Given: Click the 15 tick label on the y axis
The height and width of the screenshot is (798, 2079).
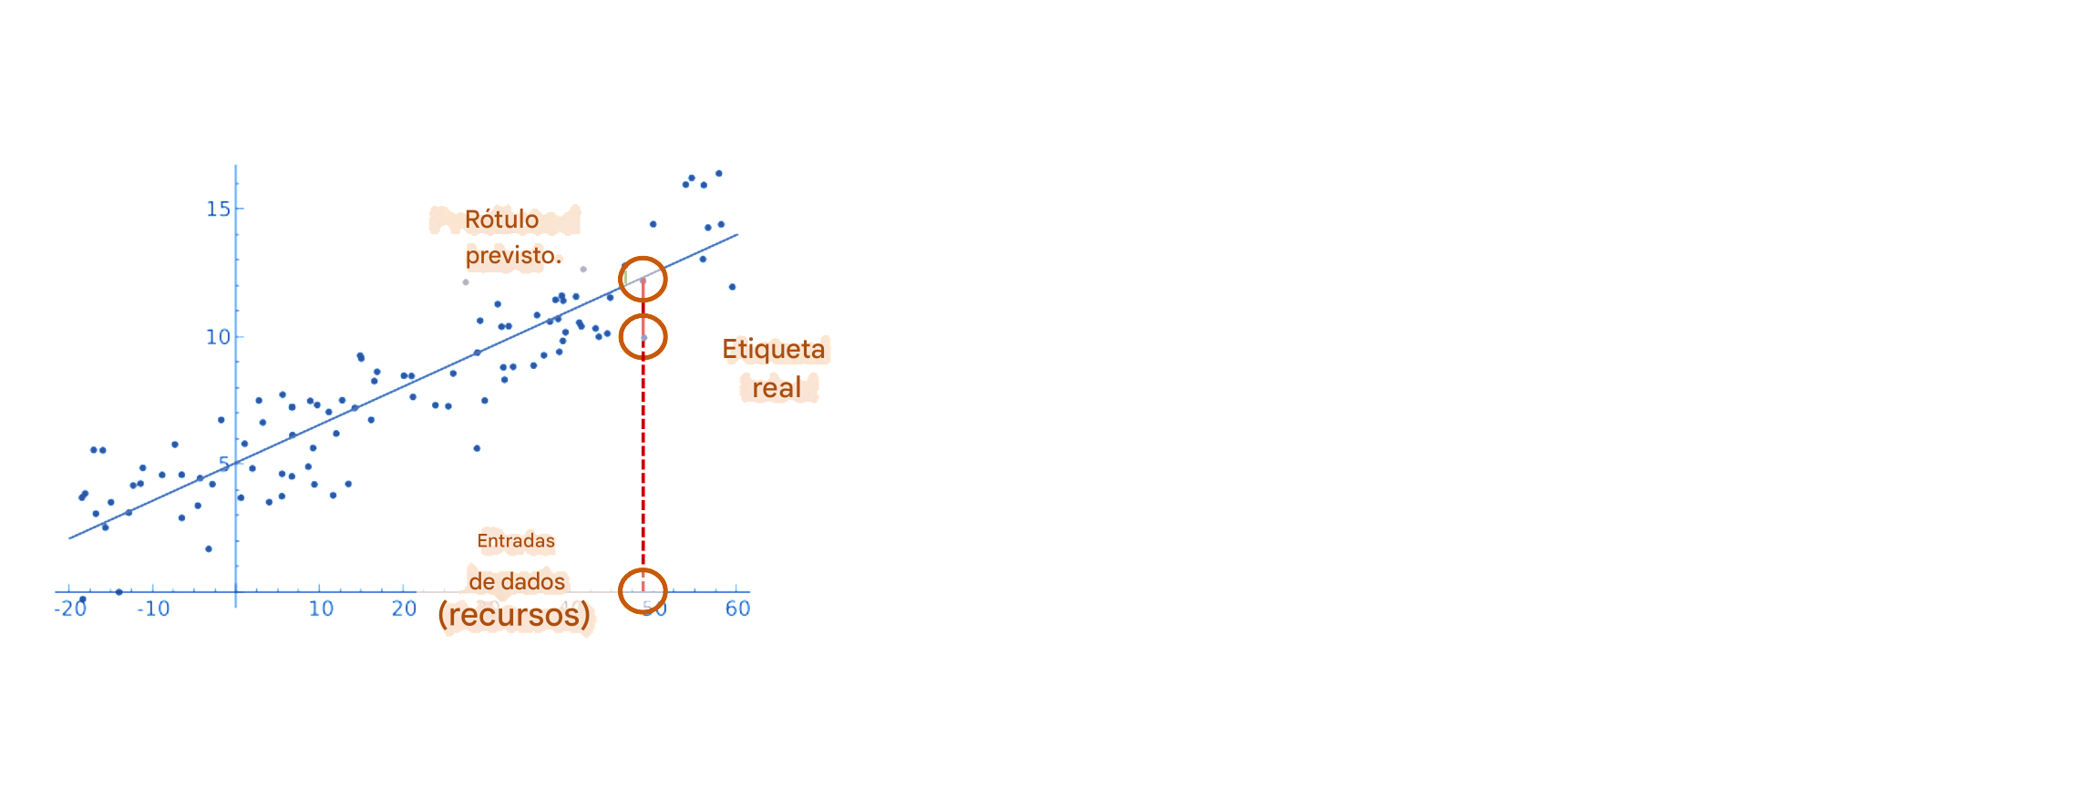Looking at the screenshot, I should (218, 210).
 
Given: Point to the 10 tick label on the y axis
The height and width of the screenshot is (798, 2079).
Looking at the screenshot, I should (217, 337).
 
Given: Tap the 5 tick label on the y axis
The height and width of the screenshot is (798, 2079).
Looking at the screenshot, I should (224, 464).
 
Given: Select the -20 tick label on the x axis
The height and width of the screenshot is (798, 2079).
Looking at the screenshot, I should (70, 609).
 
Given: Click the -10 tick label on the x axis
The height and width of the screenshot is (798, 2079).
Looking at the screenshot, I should (154, 609).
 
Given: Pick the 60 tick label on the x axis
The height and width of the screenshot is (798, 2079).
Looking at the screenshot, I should (737, 609).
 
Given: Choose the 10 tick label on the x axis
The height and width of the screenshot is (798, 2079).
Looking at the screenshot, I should (321, 609).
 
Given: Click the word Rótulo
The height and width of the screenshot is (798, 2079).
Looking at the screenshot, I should (501, 220).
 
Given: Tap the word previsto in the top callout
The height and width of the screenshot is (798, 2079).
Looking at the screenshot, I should (511, 256).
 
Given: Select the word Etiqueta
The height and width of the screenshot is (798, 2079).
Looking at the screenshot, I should (773, 349).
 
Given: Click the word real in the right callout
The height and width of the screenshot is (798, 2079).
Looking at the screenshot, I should (776, 388).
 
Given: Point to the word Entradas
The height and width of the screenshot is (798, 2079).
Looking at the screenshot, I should (516, 541).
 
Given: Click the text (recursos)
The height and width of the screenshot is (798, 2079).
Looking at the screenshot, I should (514, 615).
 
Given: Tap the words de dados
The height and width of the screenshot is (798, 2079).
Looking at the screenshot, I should (517, 581).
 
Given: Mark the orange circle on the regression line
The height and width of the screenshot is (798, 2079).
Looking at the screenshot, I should (643, 279).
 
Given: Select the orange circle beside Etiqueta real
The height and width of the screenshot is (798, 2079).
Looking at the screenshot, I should (643, 337).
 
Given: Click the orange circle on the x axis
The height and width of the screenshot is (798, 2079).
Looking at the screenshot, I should (643, 590).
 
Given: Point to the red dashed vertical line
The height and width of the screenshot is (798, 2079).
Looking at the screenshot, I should (643, 455).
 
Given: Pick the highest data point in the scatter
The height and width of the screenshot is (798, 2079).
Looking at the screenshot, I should (719, 173).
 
